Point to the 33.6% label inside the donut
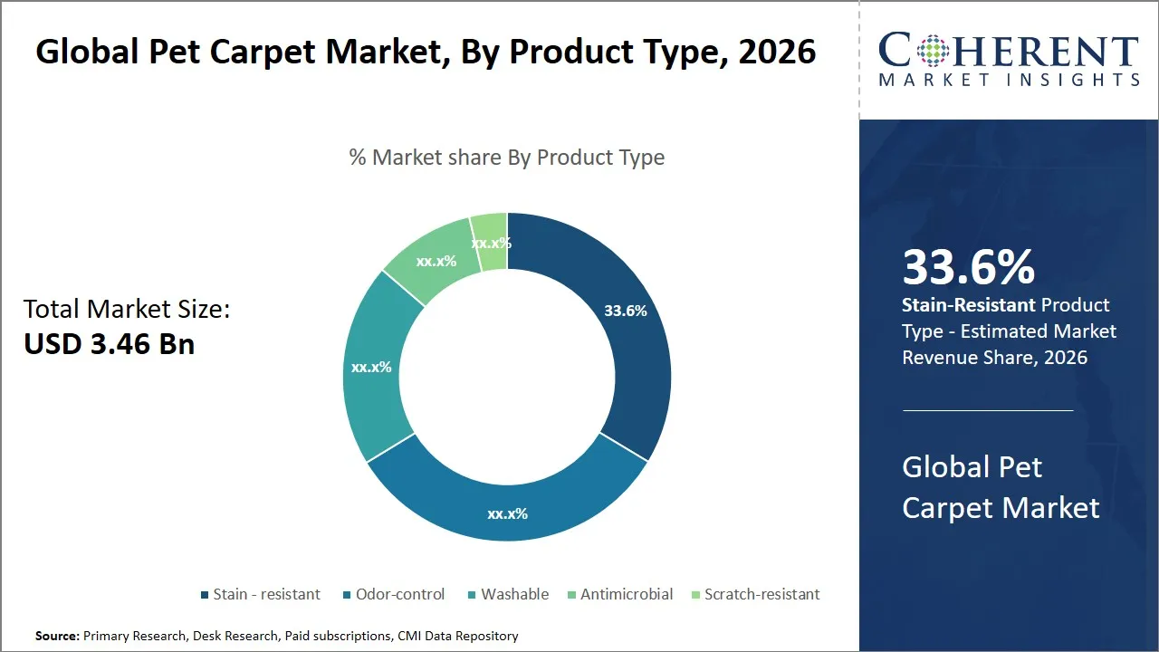[x=626, y=311]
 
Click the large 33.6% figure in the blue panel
[x=968, y=267]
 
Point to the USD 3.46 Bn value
[x=109, y=344]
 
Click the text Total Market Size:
[x=127, y=310]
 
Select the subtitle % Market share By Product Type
[x=507, y=158]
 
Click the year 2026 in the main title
[x=776, y=53]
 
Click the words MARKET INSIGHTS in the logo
[x=1009, y=81]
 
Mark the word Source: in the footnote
[x=58, y=637]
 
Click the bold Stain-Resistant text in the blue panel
[x=968, y=305]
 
